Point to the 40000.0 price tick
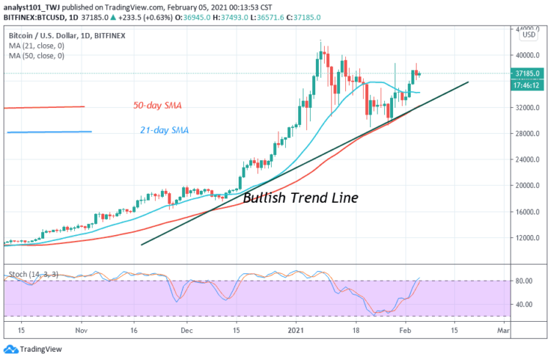[x=525, y=55]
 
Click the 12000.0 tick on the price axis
[x=525, y=238]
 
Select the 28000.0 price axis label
[x=525, y=134]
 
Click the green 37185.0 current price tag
[x=528, y=73]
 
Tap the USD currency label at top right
[x=527, y=35]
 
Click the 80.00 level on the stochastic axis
[x=524, y=281]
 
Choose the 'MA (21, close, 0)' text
[x=37, y=46]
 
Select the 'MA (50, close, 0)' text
[x=37, y=55]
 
